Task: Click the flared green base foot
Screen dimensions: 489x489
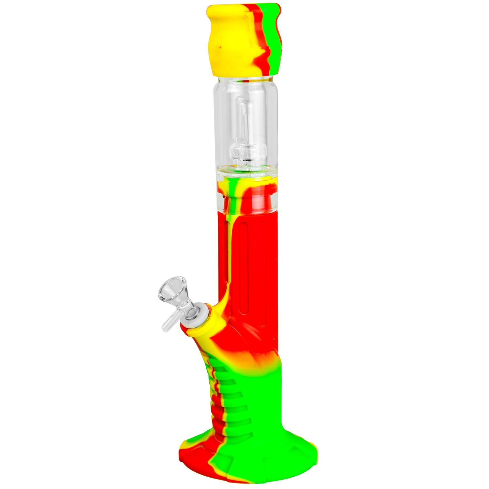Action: coord(267,456)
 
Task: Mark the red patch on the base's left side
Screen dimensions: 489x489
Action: coord(192,456)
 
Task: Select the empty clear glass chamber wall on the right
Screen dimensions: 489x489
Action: coord(272,124)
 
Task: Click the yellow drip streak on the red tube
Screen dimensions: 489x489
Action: coord(231,235)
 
